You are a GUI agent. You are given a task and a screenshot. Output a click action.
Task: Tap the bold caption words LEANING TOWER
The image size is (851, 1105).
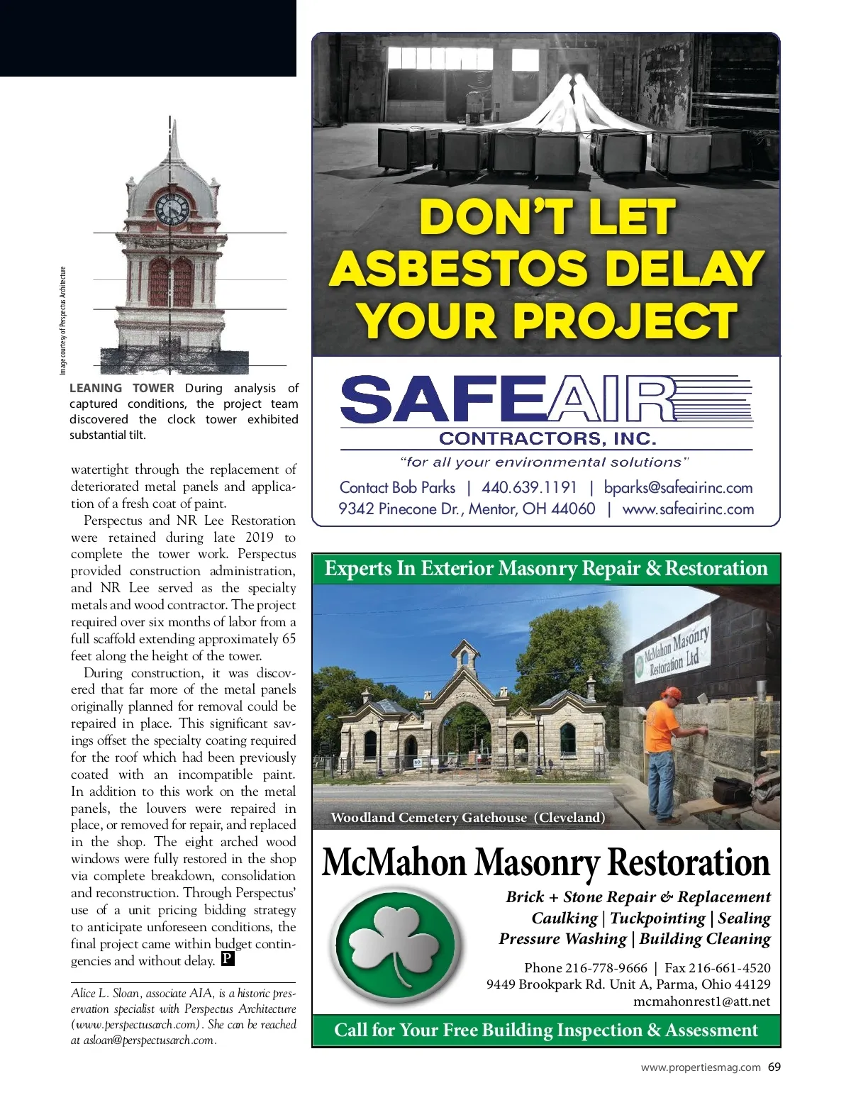(121, 388)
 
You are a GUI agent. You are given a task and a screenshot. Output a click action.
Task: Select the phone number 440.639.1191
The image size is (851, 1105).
(529, 487)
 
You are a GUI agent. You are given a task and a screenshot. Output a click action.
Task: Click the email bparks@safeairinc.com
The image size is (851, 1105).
(678, 487)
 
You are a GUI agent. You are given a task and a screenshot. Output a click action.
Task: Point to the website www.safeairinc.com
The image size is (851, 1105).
(688, 509)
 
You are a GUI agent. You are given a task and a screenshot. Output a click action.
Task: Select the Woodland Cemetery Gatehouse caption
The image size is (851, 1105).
(468, 817)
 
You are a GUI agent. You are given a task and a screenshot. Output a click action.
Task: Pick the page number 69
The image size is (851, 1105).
(774, 1067)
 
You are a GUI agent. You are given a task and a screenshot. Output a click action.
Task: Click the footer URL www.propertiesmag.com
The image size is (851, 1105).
(701, 1067)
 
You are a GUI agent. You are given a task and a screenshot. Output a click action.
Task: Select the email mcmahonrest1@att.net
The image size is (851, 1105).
(701, 1001)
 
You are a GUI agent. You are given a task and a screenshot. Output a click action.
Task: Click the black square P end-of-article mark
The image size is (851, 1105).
(228, 959)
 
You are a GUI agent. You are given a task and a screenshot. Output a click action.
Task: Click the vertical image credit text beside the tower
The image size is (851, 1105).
(62, 321)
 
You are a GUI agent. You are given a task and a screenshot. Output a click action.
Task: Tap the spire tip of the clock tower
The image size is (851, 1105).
(173, 123)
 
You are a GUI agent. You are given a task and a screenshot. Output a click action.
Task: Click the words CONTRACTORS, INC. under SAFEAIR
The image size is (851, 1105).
(547, 438)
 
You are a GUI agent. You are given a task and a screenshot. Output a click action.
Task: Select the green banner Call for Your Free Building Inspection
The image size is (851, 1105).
(546, 1030)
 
